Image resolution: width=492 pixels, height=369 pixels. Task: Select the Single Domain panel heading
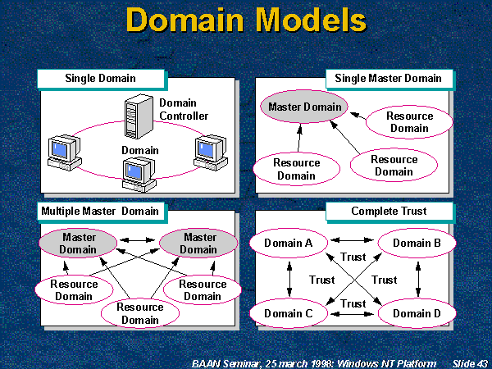tap(101, 80)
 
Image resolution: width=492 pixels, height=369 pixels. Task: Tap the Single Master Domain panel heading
tap(388, 79)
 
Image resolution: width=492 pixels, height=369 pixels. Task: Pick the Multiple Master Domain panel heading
tap(101, 212)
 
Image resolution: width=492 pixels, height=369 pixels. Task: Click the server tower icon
tap(136, 117)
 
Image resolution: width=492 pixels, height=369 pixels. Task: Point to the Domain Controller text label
tap(184, 109)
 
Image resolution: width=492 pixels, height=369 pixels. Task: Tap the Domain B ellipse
tap(417, 243)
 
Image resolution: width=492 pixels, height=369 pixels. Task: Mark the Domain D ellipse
tap(417, 314)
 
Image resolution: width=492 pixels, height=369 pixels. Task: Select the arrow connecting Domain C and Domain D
tap(353, 313)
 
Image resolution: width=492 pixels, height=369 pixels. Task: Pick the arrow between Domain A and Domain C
tap(288, 278)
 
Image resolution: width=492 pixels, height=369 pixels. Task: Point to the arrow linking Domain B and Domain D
tap(418, 278)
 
